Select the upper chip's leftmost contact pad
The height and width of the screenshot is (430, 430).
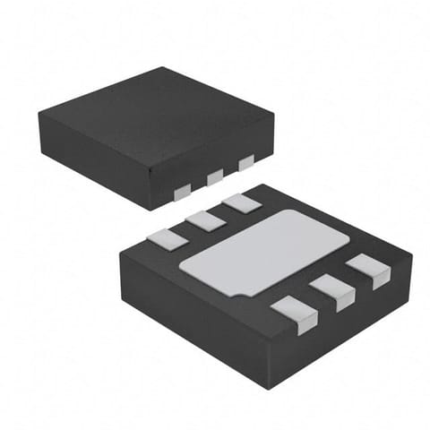click(182, 190)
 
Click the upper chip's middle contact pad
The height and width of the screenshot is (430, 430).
click(215, 177)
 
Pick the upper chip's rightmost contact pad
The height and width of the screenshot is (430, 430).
click(245, 163)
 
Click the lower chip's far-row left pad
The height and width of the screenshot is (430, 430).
click(163, 238)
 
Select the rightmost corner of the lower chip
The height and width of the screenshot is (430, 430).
click(412, 260)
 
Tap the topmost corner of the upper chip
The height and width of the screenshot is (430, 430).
click(164, 67)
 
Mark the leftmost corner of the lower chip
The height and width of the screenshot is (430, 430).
click(120, 256)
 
